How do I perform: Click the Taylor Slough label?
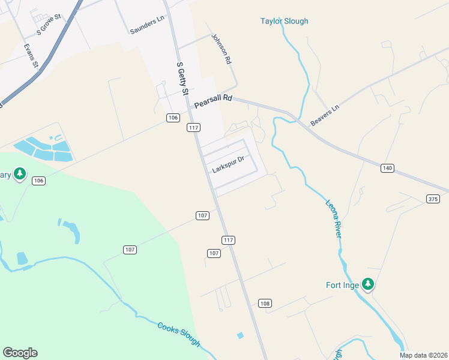284,22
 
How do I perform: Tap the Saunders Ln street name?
147,25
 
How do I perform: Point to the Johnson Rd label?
220,49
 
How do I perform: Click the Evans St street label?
31,55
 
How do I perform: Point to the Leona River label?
334,218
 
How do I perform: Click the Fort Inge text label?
342,286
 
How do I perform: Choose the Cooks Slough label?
178,335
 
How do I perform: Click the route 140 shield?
387,169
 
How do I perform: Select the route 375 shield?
433,199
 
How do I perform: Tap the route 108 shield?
265,303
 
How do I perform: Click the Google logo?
20,353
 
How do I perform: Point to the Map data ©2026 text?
424,355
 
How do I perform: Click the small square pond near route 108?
241,335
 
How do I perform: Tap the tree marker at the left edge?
20,175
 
